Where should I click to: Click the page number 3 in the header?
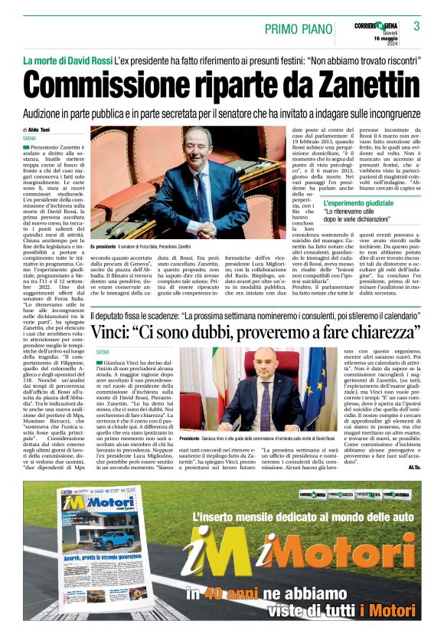(x=417, y=26)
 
